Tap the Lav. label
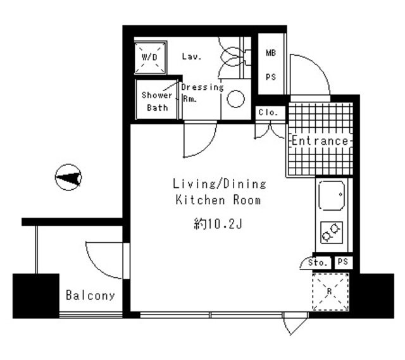click(191, 57)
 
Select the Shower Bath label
click(156, 101)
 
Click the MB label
click(270, 54)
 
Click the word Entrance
click(320, 140)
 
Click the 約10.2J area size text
click(217, 223)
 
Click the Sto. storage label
click(318, 262)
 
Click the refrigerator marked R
click(331, 291)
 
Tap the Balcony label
click(90, 295)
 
